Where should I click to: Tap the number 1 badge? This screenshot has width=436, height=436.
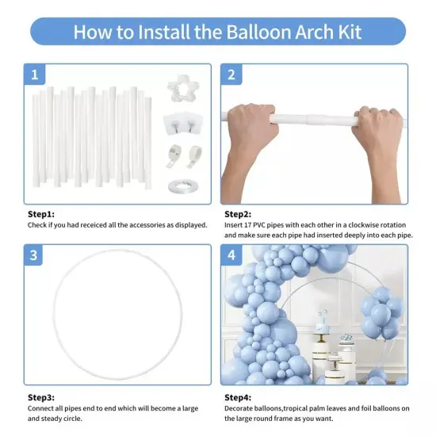tap(35, 75)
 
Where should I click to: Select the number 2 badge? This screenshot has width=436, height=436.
tap(231, 75)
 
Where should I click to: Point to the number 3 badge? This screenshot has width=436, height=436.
tap(35, 255)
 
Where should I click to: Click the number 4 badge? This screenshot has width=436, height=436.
tap(231, 255)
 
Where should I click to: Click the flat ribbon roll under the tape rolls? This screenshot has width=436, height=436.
tap(178, 185)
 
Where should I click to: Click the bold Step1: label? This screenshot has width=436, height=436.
tap(41, 214)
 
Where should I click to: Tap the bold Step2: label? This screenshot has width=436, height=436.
tap(238, 214)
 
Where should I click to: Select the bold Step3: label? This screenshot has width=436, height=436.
tap(41, 396)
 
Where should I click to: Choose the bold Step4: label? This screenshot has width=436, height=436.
tap(238, 396)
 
